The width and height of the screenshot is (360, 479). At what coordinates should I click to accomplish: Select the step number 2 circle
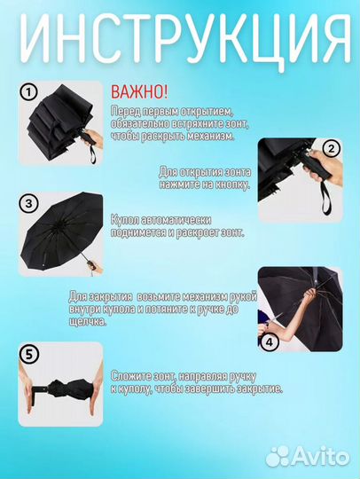pos(330,148)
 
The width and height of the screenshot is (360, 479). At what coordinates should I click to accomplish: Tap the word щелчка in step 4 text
pos(87,321)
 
